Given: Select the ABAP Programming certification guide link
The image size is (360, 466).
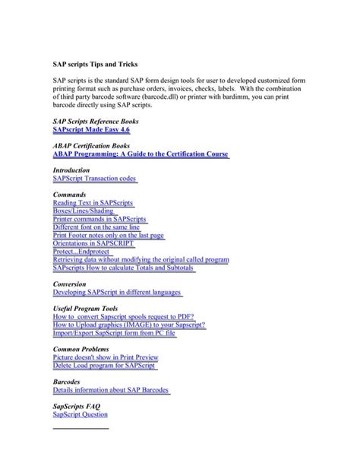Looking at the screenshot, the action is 141,154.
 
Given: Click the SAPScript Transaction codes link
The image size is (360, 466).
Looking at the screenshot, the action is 95,180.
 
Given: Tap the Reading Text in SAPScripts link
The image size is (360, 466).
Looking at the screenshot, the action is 93,203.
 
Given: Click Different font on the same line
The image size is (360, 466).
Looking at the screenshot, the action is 96,227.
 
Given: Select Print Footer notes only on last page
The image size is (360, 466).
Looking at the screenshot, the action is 108,236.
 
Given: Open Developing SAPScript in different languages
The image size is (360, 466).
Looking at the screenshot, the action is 118,292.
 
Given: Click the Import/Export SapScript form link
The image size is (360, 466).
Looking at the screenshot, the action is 114,333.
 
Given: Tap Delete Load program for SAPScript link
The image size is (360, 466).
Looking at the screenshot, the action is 104,366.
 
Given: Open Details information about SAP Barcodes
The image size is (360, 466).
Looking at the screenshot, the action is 112,390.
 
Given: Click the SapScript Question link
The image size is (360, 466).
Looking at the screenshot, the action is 80,414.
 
